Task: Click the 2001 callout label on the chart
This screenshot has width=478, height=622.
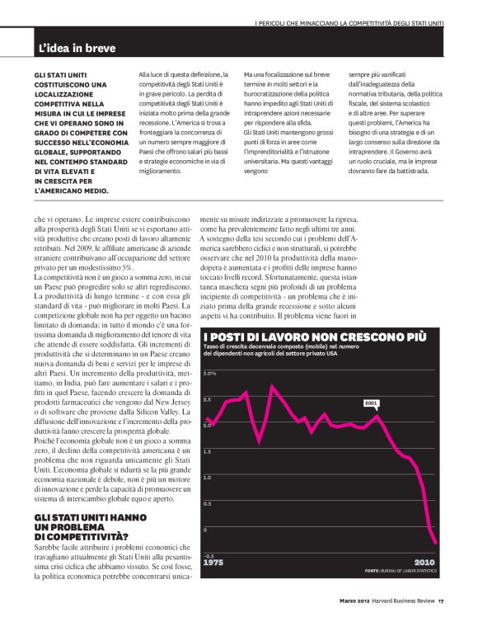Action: point(371,404)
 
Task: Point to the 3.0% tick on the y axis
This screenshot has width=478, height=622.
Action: point(209,373)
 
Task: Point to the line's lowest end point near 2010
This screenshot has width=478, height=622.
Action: point(437,542)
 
